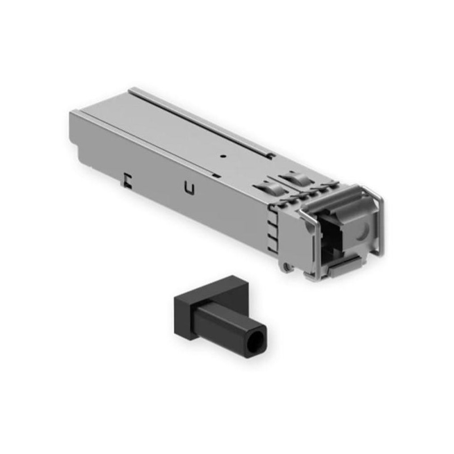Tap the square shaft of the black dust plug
(x=227, y=323)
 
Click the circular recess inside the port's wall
(x=361, y=230)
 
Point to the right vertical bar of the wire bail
(x=381, y=221)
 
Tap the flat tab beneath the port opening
(x=346, y=266)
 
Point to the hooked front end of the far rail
(x=271, y=154)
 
